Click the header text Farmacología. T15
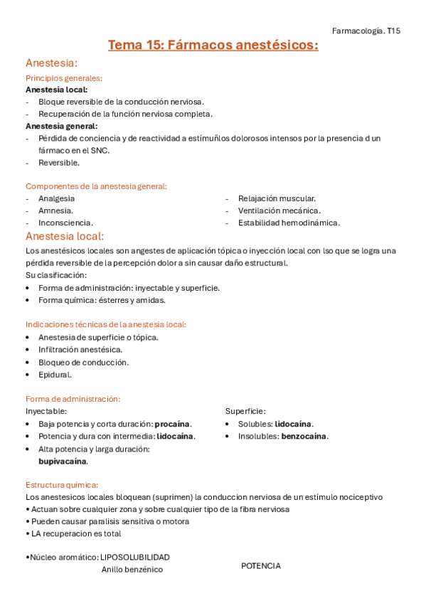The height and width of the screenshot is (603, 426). click(x=366, y=31)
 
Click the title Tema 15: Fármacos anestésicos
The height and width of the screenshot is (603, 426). click(x=213, y=46)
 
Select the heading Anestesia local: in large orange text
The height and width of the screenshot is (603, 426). click(x=65, y=236)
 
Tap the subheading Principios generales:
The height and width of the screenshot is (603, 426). click(x=64, y=78)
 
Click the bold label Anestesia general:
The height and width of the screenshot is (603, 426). click(x=61, y=126)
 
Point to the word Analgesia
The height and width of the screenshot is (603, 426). click(x=56, y=198)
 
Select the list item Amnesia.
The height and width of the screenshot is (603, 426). click(x=55, y=210)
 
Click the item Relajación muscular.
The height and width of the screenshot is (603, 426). click(x=277, y=198)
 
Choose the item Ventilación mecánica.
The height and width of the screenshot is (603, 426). click(x=279, y=210)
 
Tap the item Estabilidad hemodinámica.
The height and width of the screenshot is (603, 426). click(x=289, y=223)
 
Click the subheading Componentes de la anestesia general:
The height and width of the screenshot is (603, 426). click(x=96, y=186)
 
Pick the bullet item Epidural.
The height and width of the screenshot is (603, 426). click(x=55, y=375)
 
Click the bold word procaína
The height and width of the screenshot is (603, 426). click(x=174, y=424)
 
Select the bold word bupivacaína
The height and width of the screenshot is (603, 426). click(x=63, y=461)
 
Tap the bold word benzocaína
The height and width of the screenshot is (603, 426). click(x=304, y=436)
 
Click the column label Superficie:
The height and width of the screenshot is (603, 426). click(x=245, y=411)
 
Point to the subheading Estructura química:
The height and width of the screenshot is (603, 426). click(x=62, y=485)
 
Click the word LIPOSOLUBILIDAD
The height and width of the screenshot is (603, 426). click(x=135, y=557)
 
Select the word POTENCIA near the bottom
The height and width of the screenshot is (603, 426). click(x=260, y=566)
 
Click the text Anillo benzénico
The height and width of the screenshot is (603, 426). click(x=132, y=570)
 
